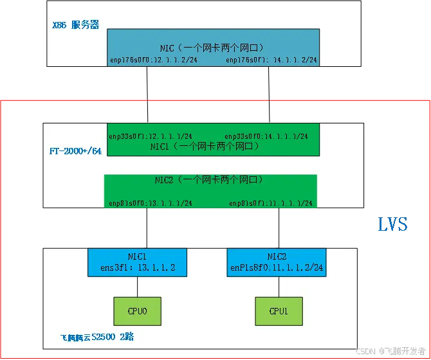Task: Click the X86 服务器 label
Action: coord(75,26)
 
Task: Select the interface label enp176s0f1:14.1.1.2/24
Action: coord(272,60)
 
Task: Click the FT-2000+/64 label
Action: coord(75,152)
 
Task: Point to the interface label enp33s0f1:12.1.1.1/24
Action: coord(151,136)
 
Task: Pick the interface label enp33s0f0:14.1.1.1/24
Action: coord(266,136)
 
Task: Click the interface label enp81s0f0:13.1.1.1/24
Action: coord(151,203)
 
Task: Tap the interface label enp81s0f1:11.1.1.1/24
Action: coord(271,203)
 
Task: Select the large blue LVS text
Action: coord(393,224)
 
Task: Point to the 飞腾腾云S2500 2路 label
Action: coord(97,337)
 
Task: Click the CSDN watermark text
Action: coord(390,350)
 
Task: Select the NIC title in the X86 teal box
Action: coord(213,48)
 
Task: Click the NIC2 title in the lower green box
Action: coord(210,180)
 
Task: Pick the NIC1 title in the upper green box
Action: coord(213,146)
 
